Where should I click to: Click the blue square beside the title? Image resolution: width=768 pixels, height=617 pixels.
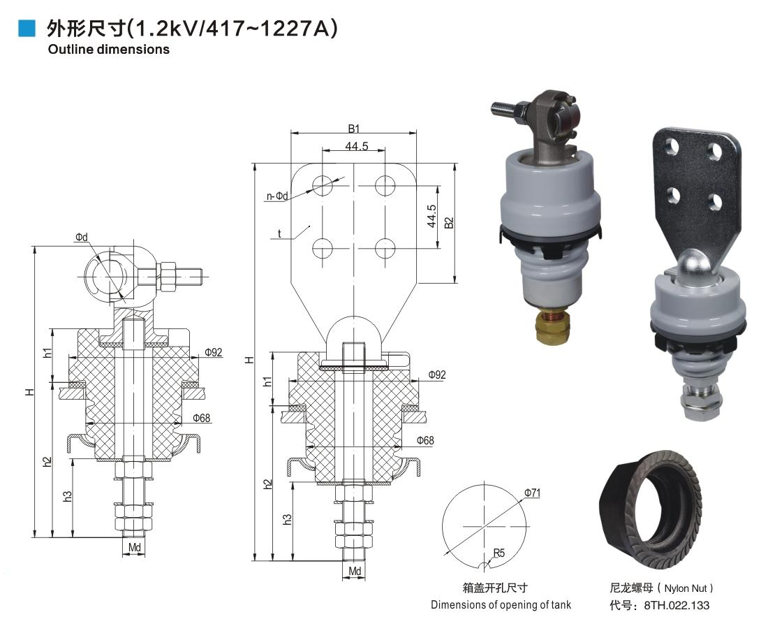coord(27,29)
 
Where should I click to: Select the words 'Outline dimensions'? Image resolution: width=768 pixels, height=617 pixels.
coord(109,50)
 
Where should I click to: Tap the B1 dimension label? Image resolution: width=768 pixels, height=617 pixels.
coord(354,129)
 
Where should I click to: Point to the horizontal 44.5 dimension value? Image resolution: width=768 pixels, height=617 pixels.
coord(356,146)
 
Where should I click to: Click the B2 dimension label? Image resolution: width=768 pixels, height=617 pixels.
coord(449,223)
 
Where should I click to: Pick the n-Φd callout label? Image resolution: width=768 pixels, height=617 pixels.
coord(277,196)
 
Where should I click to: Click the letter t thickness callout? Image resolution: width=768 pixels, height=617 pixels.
coord(279,233)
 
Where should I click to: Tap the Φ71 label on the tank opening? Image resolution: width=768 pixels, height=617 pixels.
coord(532,493)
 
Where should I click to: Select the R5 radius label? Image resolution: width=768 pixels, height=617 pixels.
coord(499,553)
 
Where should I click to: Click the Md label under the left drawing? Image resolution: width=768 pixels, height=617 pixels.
coord(134,547)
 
